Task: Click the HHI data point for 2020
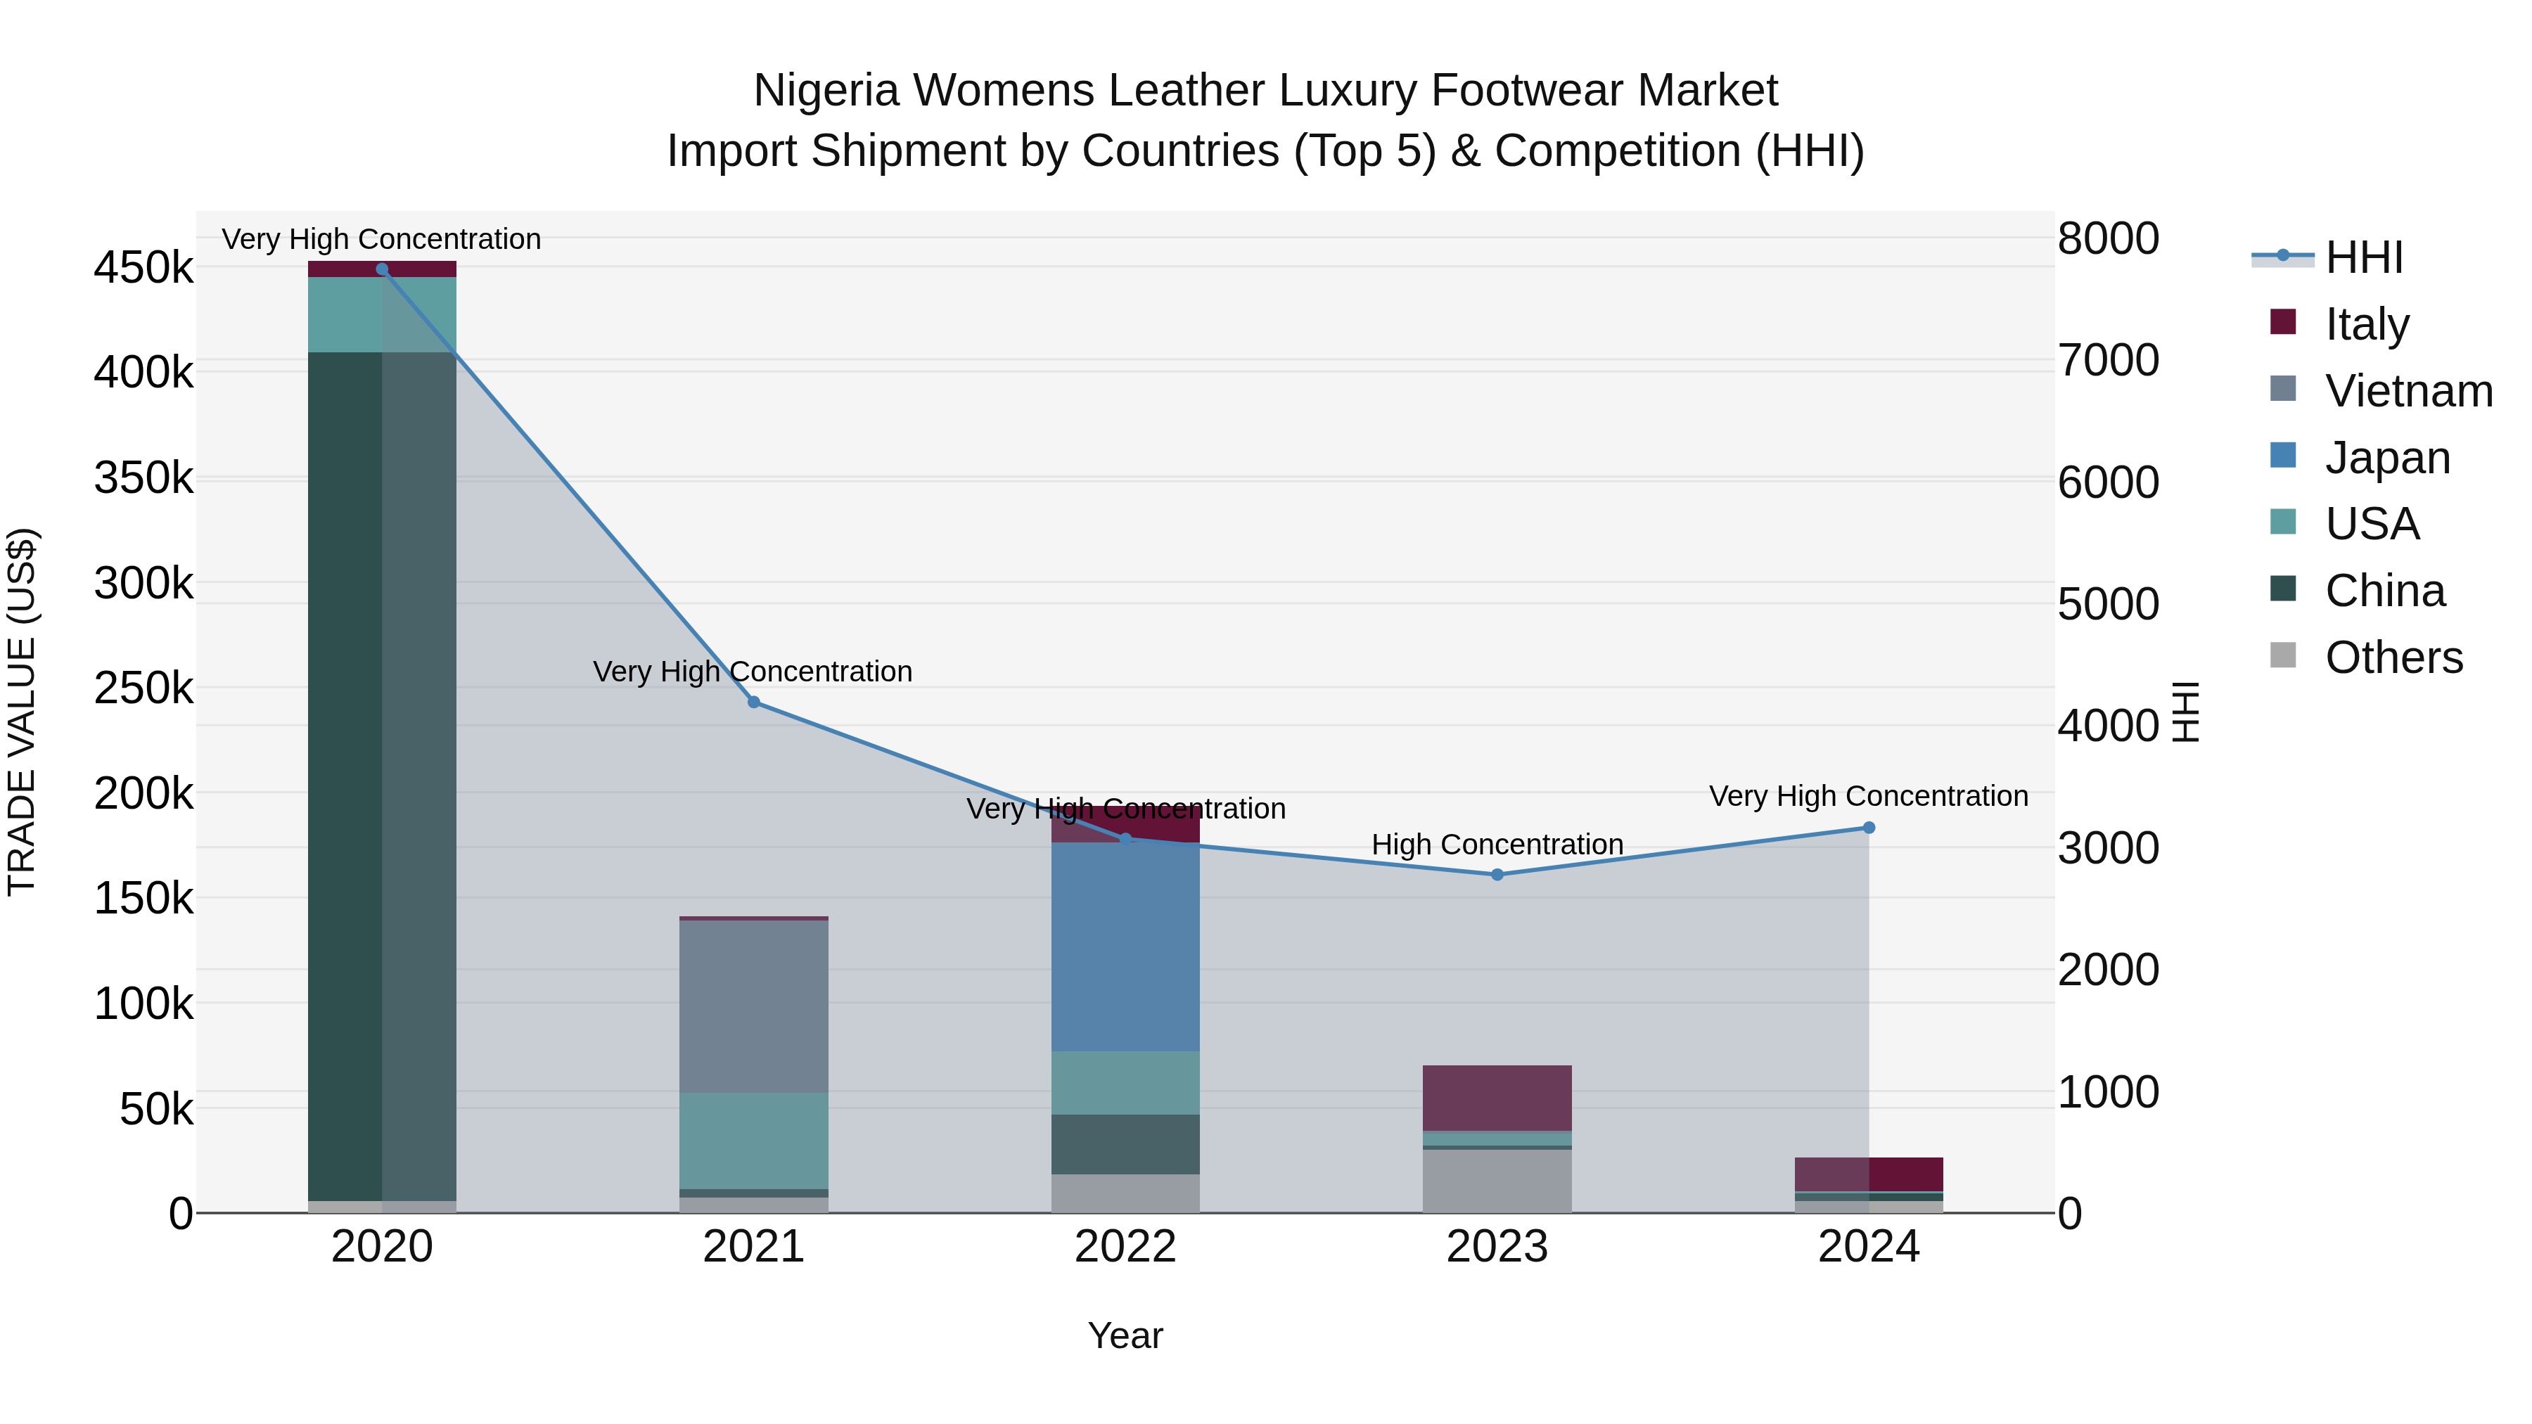383,269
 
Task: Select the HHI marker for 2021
754,703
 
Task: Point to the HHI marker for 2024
1869,828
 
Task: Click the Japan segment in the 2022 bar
1125,947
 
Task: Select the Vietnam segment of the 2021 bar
754,1006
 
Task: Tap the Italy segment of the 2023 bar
1497,1098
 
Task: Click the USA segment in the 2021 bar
754,1140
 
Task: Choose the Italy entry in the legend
2367,324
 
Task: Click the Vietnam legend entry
2408,391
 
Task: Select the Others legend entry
2393,658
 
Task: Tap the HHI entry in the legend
2364,257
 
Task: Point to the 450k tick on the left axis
143,267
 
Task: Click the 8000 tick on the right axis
2109,239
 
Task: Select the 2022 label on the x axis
1125,1247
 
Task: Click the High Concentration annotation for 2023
1497,844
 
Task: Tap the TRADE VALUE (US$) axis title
22,712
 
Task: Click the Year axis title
1125,1335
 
